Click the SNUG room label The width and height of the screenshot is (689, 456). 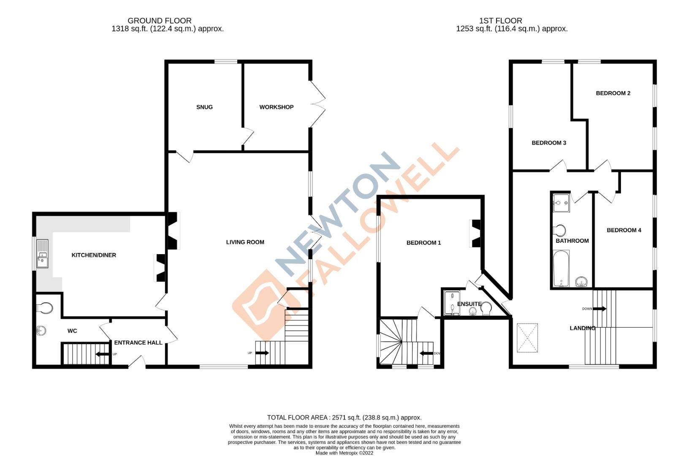204,107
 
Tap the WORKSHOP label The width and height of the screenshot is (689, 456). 276,107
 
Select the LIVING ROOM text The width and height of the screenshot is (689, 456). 245,242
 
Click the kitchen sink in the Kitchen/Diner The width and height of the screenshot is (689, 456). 42,254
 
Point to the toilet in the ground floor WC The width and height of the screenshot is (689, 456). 44,308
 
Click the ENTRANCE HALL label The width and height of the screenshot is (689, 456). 138,343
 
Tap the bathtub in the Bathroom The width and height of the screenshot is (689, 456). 561,269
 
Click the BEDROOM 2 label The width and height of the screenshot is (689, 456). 613,93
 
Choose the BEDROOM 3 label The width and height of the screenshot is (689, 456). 549,143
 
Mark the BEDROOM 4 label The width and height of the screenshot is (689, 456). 624,231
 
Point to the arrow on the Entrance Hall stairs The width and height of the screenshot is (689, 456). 102,354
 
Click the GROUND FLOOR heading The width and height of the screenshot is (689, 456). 160,21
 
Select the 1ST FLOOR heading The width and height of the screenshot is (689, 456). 500,21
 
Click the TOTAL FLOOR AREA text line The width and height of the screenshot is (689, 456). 344,418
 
